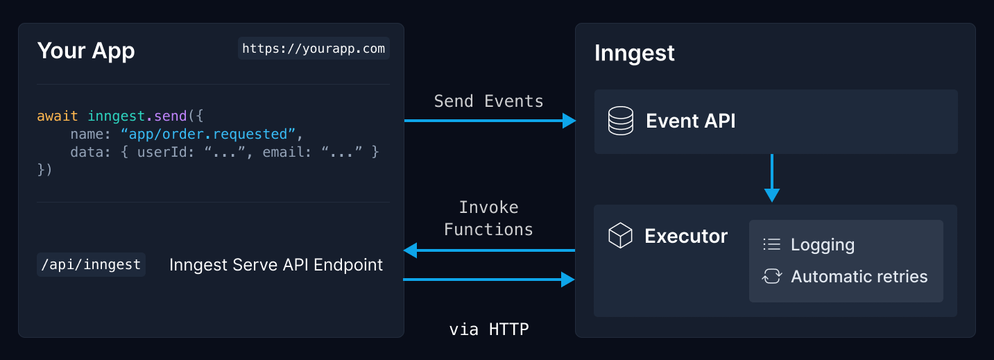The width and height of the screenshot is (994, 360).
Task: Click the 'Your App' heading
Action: click(86, 51)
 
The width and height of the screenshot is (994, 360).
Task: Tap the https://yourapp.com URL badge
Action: click(314, 49)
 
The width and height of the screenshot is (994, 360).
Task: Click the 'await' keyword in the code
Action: click(58, 116)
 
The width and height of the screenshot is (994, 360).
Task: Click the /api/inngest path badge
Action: click(91, 264)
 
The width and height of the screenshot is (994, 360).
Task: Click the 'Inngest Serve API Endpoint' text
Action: click(276, 264)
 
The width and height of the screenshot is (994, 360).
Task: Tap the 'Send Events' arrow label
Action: click(488, 101)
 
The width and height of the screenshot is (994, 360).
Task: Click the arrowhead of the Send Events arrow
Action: click(569, 121)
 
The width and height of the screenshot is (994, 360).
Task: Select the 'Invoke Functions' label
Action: click(488, 218)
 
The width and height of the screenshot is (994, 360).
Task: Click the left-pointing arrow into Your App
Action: click(411, 250)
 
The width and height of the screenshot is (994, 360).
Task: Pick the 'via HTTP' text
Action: click(488, 329)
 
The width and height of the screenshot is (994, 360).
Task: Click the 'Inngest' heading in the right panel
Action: click(634, 53)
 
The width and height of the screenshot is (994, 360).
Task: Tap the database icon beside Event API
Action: click(620, 121)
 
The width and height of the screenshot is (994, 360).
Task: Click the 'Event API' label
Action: click(690, 121)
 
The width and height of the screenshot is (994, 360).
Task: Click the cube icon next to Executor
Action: click(620, 236)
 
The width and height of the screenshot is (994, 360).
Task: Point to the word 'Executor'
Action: click(685, 236)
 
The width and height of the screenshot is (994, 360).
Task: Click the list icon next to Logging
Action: click(771, 244)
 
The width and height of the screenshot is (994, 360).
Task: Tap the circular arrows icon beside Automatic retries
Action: click(771, 276)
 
